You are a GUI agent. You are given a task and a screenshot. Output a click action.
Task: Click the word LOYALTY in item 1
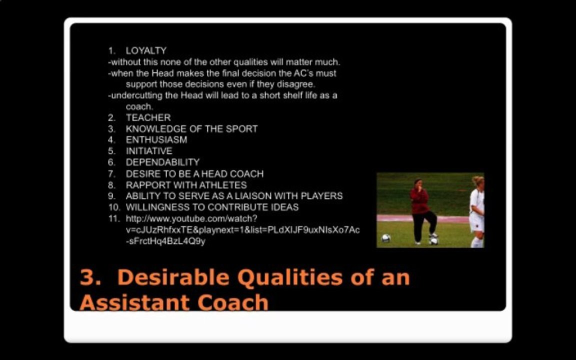tap(146, 50)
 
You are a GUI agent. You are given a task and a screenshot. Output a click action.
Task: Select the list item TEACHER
tap(148, 117)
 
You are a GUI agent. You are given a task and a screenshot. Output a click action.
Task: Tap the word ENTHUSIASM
tap(156, 140)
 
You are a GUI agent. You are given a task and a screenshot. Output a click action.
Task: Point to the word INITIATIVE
tap(149, 151)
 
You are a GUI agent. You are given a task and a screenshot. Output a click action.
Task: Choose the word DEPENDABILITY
tap(162, 162)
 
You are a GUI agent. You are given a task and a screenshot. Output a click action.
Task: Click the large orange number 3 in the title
tap(87, 277)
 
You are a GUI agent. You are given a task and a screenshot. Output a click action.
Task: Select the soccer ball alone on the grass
tap(385, 238)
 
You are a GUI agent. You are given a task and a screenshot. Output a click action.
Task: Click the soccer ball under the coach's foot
tap(433, 240)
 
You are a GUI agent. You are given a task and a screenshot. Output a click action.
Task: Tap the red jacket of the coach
tap(419, 200)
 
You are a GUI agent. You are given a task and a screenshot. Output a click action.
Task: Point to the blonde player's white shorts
tap(476, 221)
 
